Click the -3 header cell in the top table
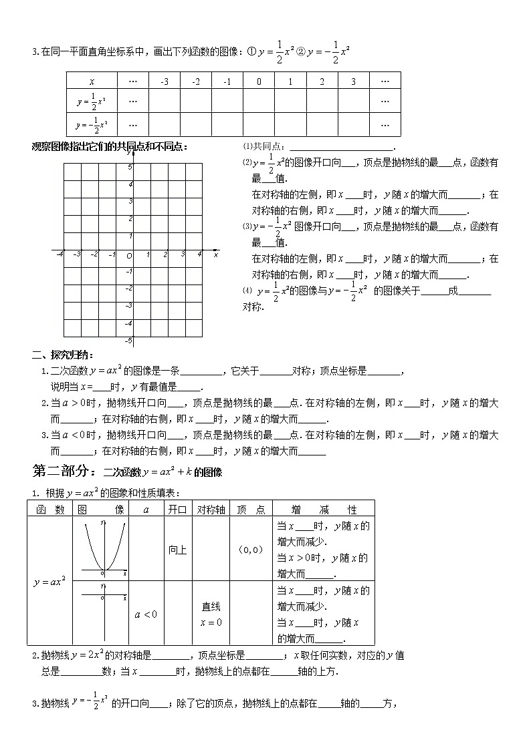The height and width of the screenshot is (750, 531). [164, 81]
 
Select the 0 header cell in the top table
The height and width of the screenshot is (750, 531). [259, 81]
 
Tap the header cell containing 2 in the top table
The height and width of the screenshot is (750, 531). [322, 81]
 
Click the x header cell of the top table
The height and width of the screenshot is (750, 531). [92, 81]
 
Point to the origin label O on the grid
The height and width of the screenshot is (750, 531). [129, 256]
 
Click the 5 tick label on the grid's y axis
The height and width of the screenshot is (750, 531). [131, 164]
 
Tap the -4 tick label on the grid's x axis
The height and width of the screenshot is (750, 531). [60, 254]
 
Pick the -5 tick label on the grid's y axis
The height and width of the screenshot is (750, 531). [129, 341]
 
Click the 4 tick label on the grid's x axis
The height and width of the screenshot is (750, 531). [199, 254]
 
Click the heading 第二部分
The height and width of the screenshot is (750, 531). [65, 472]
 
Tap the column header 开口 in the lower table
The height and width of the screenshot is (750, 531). [177, 509]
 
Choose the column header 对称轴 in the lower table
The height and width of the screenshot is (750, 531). [211, 509]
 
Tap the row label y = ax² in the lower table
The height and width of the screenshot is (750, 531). [49, 582]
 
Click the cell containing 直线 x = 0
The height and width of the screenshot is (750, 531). [211, 614]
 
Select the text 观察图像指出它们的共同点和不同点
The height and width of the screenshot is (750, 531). [110, 147]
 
